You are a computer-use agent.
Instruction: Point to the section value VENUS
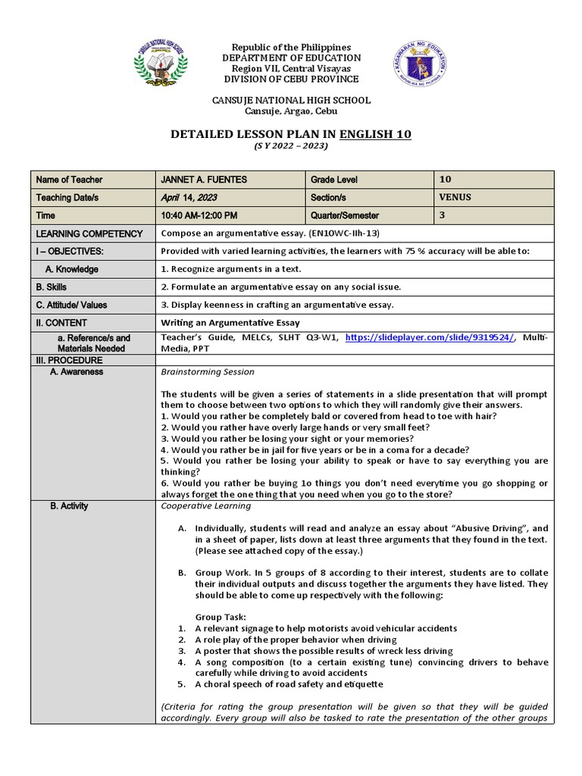tap(455, 197)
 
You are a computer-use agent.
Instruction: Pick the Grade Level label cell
tap(333, 180)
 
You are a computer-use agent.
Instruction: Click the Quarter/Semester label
tap(344, 215)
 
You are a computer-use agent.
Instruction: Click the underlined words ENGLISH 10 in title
tap(375, 134)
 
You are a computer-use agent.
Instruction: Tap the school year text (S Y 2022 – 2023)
tap(291, 146)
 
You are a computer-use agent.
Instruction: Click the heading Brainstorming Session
tap(208, 372)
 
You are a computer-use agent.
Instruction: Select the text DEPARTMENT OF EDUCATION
tap(291, 58)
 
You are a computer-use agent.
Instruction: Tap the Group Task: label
tap(221, 617)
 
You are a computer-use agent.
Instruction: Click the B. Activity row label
tap(69, 506)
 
